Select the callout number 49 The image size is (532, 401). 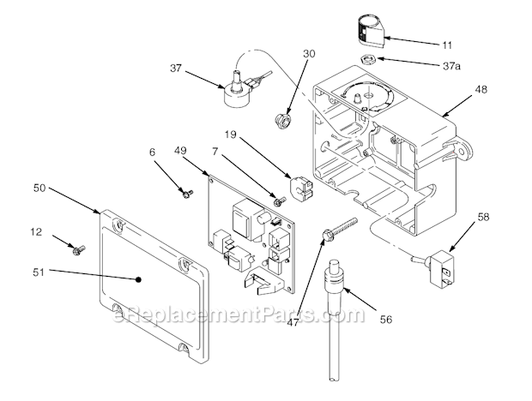pyautogui.click(x=180, y=151)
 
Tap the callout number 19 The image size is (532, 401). pyautogui.click(x=232, y=135)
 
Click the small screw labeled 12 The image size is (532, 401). pyautogui.click(x=79, y=249)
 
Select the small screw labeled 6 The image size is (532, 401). pyautogui.click(x=185, y=194)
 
